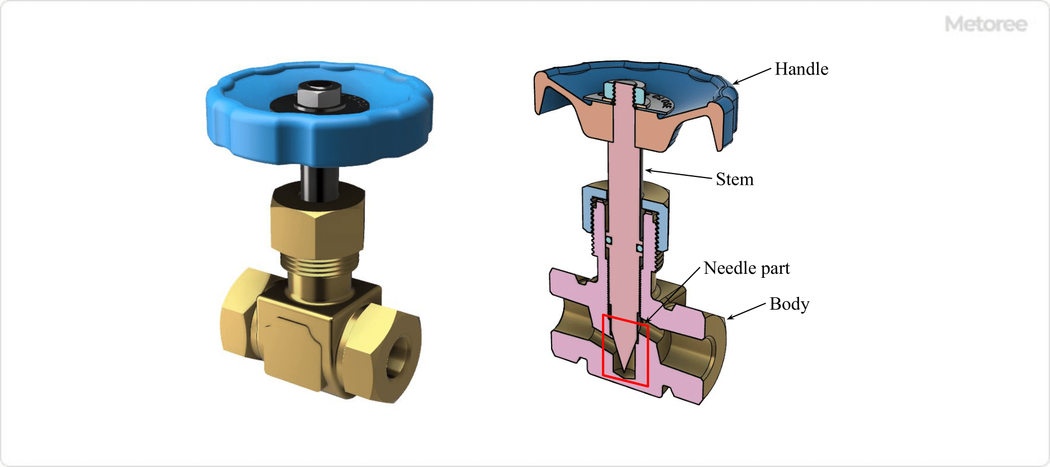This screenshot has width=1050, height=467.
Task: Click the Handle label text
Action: click(801, 69)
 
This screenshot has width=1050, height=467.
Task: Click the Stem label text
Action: click(734, 179)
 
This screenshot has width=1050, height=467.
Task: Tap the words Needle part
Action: click(746, 268)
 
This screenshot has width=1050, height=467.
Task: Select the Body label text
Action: click(789, 304)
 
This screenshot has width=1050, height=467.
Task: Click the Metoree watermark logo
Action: click(986, 24)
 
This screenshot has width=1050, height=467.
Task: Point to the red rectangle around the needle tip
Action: click(604, 347)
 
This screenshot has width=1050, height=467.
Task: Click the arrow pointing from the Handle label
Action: click(752, 76)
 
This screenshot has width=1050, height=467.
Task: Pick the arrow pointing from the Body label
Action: click(746, 312)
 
